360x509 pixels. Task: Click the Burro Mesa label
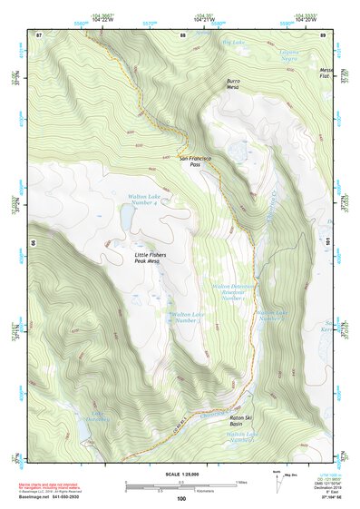click(233, 84)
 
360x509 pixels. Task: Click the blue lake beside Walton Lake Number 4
click(126, 218)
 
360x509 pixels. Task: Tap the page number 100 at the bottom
click(180, 499)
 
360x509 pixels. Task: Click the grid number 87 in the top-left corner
click(39, 34)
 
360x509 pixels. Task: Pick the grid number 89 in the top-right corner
click(323, 34)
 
